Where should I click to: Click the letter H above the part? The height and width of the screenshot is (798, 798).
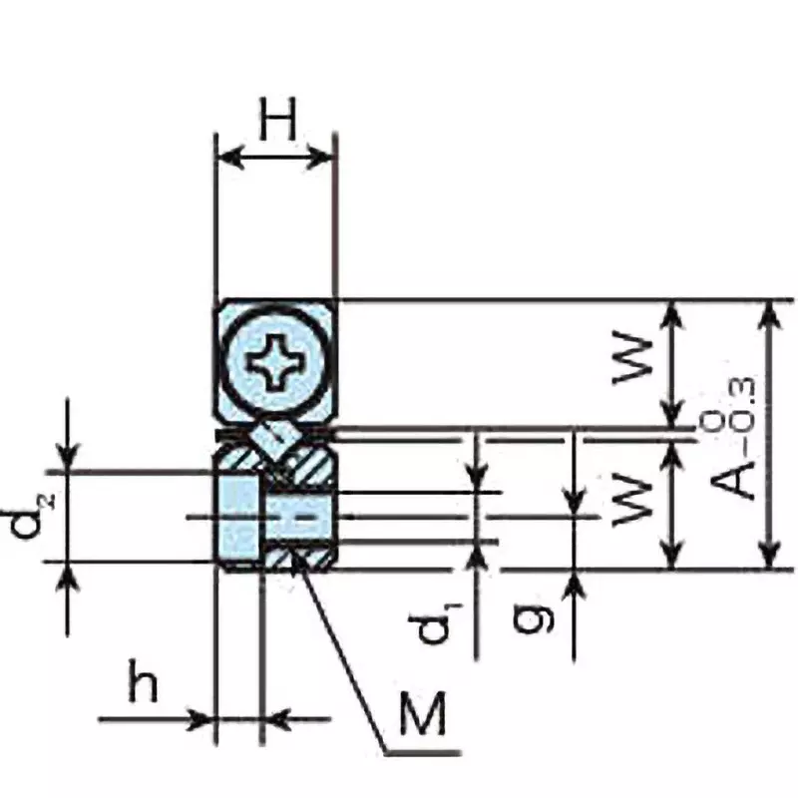277,122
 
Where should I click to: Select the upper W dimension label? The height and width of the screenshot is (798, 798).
634,361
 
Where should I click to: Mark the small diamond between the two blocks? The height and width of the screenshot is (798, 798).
273,436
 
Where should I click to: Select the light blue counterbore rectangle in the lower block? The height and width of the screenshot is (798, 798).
239,517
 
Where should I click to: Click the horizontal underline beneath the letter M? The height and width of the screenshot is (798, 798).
423,748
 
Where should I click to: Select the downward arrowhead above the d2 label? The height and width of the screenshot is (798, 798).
67,459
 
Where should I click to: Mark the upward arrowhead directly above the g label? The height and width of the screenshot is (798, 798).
576,584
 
